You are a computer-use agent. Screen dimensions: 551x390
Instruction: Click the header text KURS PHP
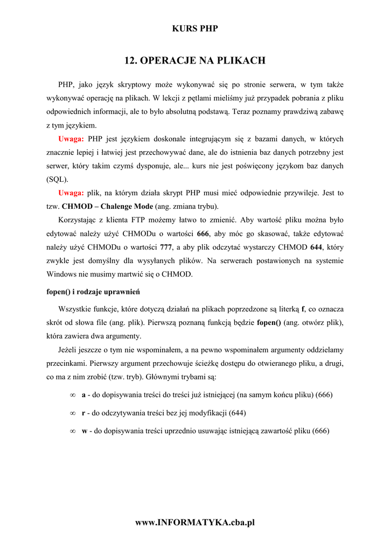click(195, 29)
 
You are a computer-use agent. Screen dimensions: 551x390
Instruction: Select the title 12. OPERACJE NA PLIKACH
click(195, 60)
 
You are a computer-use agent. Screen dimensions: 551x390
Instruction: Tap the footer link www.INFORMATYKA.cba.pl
click(195, 522)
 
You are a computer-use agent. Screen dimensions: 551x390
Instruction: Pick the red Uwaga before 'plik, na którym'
click(71, 193)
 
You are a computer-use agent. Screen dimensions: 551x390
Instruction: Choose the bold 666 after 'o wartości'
click(204, 234)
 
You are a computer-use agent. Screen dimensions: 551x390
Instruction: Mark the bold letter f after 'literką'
click(303, 309)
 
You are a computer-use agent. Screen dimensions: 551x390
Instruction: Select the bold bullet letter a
click(84, 395)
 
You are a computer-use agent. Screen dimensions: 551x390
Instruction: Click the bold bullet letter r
click(83, 413)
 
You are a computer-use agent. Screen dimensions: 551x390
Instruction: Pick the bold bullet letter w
click(85, 430)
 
